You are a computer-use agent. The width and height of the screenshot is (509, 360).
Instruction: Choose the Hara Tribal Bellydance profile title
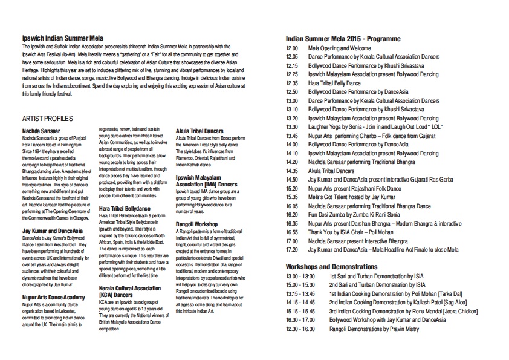[x=126, y=208]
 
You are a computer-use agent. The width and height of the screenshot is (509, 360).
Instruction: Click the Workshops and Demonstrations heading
[x=331, y=267]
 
